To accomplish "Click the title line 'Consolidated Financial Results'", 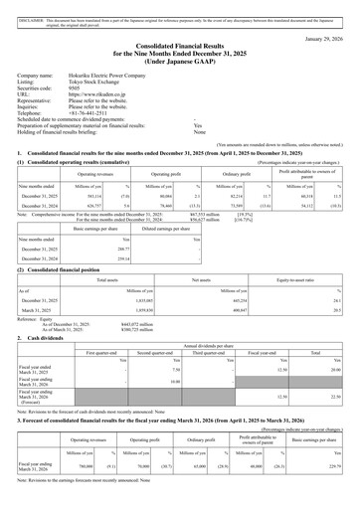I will pyautogui.click(x=180, y=47).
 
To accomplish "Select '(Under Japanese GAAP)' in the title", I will pyautogui.click(x=180, y=63).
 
